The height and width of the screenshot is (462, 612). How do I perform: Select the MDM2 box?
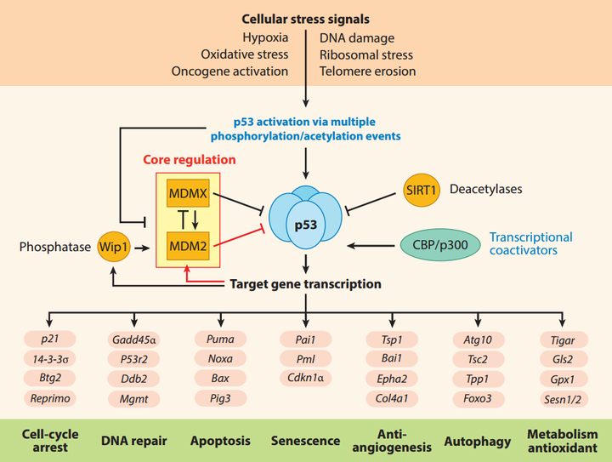point(187,246)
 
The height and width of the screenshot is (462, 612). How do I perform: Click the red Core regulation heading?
point(189,159)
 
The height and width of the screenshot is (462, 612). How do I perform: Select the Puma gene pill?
point(220,339)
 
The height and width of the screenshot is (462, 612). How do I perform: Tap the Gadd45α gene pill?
point(133,339)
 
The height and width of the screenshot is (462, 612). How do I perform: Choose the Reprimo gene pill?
point(48,397)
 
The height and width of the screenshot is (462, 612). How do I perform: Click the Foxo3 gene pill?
point(477,397)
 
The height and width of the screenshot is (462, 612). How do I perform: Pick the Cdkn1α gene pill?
point(306,378)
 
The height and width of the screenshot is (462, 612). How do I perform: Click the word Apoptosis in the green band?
point(221,441)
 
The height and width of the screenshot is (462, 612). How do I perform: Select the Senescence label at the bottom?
point(306,441)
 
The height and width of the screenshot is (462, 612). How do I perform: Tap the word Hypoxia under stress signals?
point(265,37)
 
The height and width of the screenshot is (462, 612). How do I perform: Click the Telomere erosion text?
point(367,71)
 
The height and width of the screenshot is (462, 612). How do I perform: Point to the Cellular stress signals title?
point(306,18)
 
